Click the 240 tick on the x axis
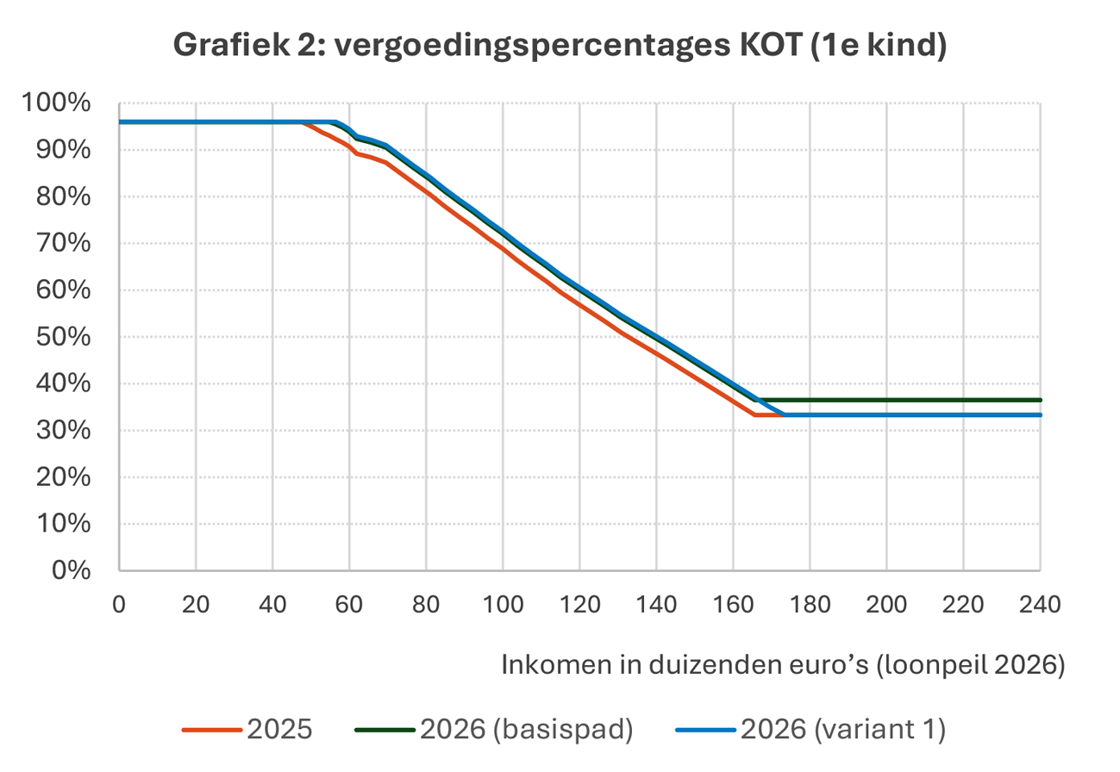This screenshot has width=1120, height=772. click(1040, 604)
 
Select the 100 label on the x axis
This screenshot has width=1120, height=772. click(503, 604)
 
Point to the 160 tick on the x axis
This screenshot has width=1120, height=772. click(733, 604)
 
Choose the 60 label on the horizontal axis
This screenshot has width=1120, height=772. click(349, 604)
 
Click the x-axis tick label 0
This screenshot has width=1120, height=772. click(119, 604)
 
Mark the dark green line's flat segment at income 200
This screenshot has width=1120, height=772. click(886, 400)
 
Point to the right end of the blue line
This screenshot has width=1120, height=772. click(1040, 415)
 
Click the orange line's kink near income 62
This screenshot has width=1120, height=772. click(357, 153)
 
